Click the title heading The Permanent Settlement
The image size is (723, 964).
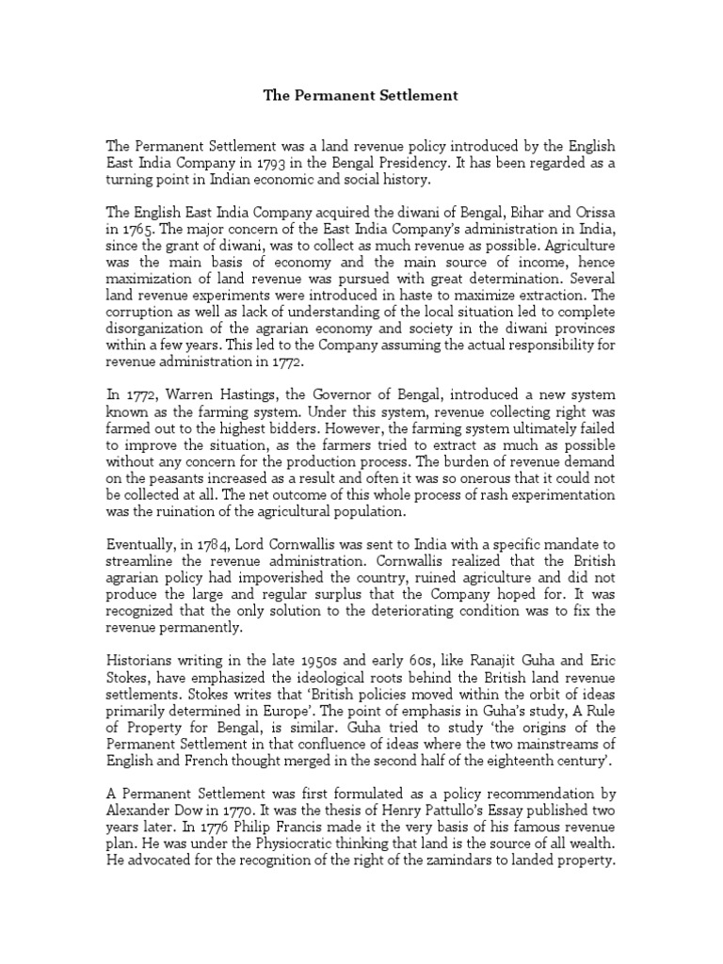point(361,95)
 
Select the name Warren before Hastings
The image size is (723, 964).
point(187,416)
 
